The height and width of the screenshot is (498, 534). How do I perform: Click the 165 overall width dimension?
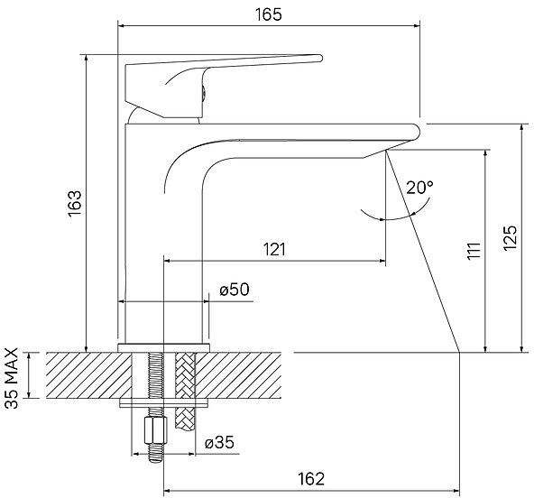[269, 14]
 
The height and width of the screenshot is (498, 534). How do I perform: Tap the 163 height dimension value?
[75, 203]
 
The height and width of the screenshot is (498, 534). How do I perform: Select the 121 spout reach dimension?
[274, 250]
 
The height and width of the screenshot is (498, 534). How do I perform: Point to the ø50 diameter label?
[235, 290]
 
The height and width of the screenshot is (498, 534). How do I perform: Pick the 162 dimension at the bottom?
[311, 478]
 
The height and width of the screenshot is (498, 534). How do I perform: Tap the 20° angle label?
[420, 187]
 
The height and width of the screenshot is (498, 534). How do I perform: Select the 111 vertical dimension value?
[474, 251]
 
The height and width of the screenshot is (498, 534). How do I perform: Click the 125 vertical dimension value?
[510, 238]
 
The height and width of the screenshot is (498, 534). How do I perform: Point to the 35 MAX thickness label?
[12, 378]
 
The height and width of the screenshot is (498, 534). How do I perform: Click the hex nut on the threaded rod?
[156, 430]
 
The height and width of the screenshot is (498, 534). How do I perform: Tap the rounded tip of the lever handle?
[319, 58]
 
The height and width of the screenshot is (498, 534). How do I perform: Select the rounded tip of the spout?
[416, 132]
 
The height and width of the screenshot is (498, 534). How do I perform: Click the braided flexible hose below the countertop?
[185, 391]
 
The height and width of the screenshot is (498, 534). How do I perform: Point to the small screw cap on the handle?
[203, 93]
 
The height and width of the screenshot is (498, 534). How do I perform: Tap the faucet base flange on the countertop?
[163, 347]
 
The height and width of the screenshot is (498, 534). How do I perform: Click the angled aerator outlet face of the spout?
[374, 153]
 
